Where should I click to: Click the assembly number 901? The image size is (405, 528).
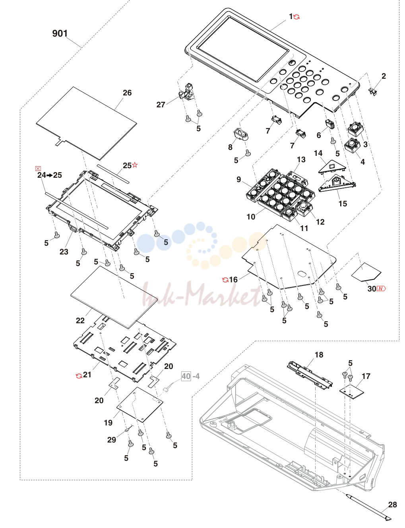[x=60, y=33]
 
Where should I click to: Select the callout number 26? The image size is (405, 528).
[x=127, y=93]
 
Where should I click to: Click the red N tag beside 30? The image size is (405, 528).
[x=381, y=289]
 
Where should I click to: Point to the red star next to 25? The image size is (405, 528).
[x=135, y=165]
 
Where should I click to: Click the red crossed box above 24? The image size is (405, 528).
[x=38, y=169]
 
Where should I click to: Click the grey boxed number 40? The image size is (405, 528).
[x=186, y=376]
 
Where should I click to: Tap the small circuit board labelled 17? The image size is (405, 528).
[x=352, y=391]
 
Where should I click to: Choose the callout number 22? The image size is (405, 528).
[x=80, y=320]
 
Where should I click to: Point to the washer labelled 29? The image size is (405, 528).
[x=126, y=430]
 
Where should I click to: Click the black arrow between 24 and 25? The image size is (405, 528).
[x=50, y=175]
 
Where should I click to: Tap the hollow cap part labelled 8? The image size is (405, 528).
[x=241, y=135]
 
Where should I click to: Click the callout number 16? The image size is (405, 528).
[x=233, y=280]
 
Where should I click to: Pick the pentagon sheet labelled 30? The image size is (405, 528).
[x=366, y=272]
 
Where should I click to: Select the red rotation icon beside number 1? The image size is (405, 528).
[x=296, y=17]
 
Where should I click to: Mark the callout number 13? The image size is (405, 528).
[x=301, y=160]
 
